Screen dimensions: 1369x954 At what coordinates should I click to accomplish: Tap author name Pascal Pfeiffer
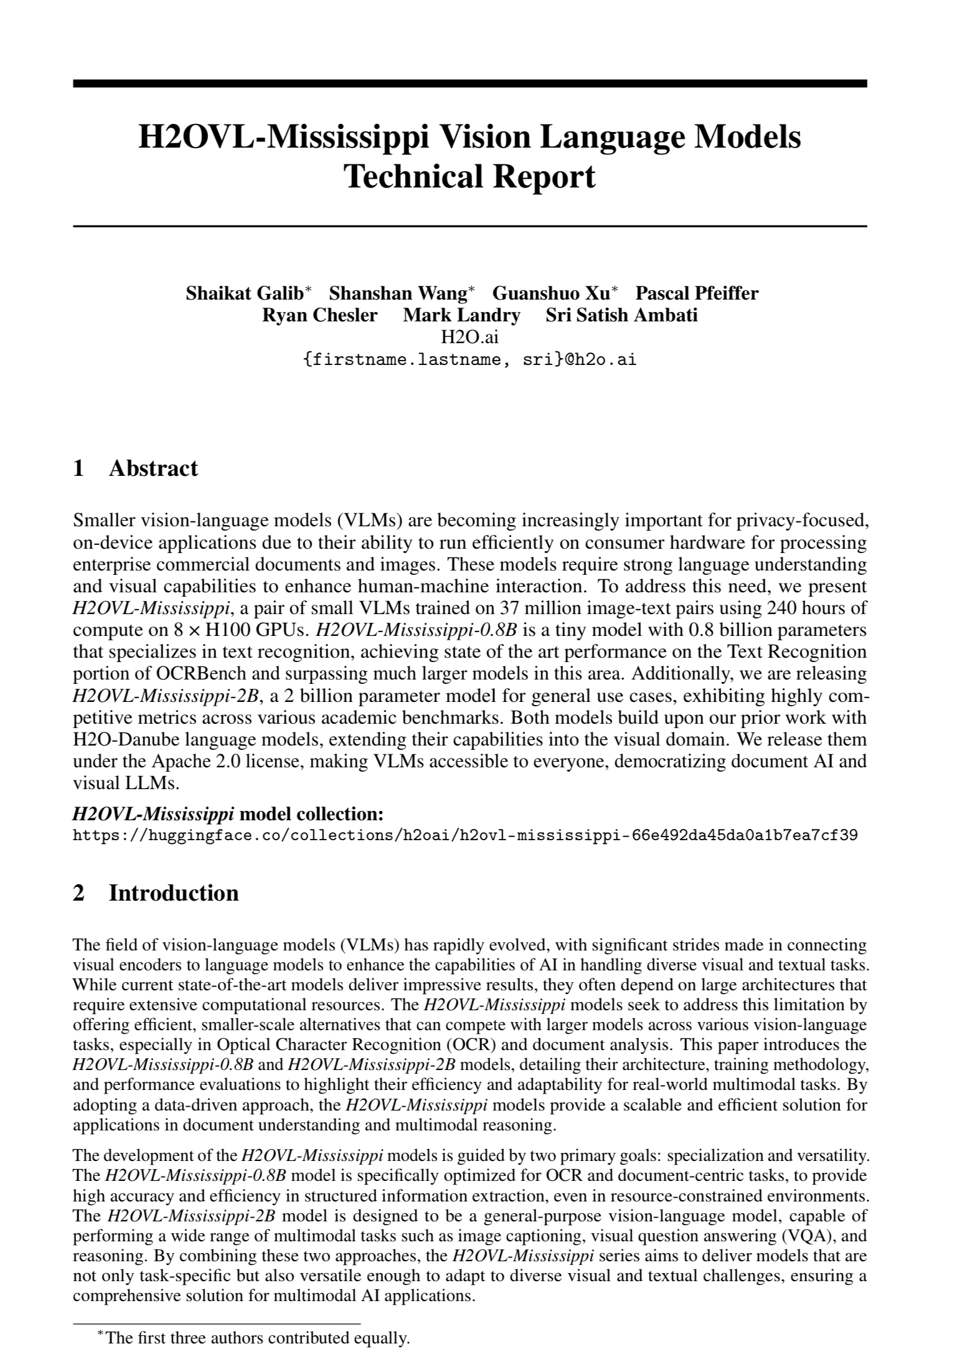pos(697,293)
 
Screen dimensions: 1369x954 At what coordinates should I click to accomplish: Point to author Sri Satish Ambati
pos(621,315)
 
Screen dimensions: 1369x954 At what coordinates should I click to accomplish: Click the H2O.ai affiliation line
pos(470,337)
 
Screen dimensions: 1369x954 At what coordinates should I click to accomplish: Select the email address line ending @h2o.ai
pos(470,359)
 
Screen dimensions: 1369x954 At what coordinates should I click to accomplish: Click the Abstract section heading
pos(153,468)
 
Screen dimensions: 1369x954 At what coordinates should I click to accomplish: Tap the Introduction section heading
pos(174,893)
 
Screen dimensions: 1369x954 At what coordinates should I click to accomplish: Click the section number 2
pos(78,893)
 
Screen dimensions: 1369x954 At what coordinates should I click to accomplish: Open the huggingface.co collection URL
pos(465,835)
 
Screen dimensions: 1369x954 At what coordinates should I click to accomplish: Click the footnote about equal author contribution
pos(258,1338)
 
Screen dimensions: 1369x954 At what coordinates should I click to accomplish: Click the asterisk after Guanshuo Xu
pos(615,290)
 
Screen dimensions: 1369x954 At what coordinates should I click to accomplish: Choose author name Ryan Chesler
pos(319,315)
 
